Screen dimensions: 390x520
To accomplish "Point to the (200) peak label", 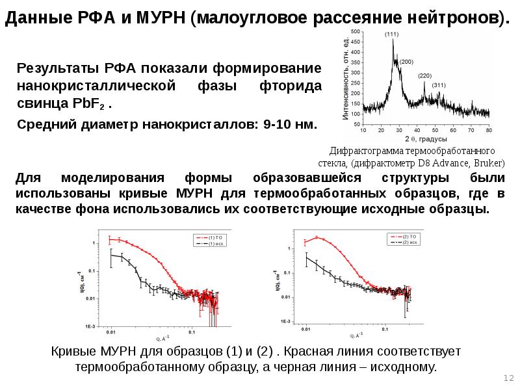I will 407,62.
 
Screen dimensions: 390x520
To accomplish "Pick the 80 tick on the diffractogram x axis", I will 488,130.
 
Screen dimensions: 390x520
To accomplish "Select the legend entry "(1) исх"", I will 216,243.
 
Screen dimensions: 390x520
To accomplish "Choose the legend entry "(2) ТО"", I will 409,236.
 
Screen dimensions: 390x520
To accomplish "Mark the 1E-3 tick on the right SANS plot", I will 285,322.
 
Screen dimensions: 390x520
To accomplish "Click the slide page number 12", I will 508,378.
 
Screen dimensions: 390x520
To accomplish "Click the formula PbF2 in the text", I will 93,104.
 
